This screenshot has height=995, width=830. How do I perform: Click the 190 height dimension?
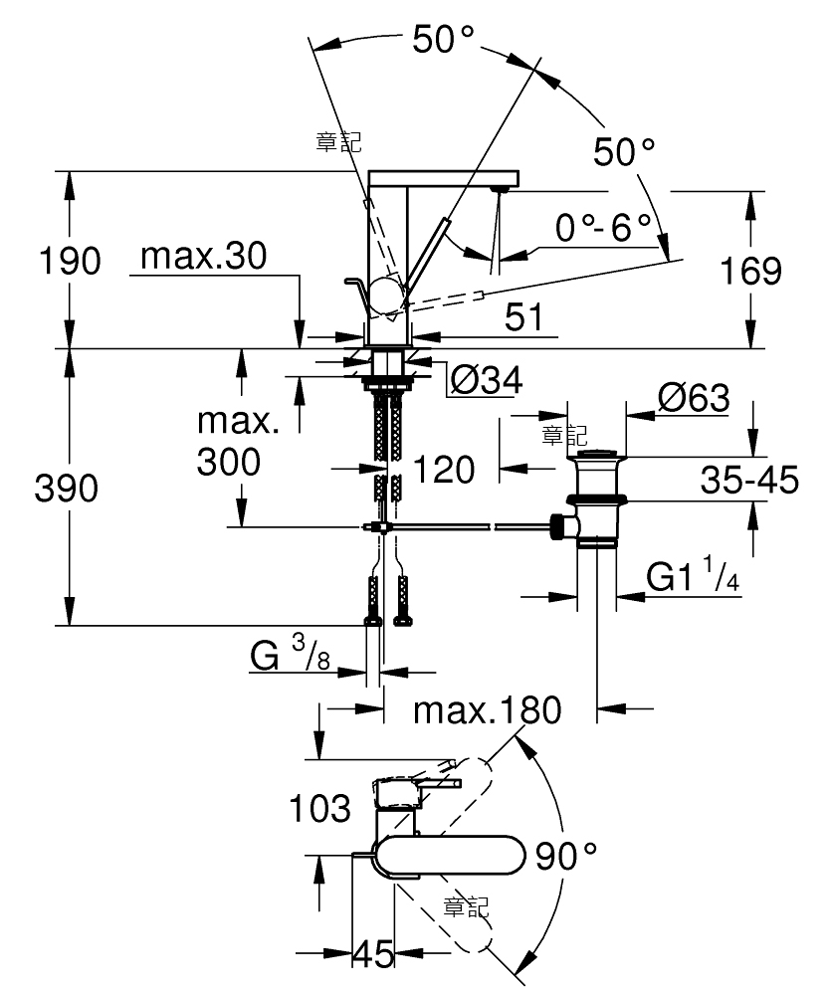[x=70, y=261]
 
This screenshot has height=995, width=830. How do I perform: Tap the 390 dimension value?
[x=66, y=488]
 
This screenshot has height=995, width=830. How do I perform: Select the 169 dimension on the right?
[x=750, y=271]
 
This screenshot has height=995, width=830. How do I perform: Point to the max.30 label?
[x=204, y=256]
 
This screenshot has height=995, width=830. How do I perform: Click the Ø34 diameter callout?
[x=486, y=380]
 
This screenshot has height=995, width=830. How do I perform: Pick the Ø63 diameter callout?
[x=694, y=398]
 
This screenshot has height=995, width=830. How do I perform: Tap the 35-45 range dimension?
[x=749, y=480]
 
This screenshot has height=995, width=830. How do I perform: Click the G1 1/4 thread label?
[x=693, y=574]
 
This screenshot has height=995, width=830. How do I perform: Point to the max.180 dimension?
[x=488, y=710]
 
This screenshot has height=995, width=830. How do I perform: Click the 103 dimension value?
[x=319, y=808]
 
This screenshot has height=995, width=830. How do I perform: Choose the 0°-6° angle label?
[x=603, y=227]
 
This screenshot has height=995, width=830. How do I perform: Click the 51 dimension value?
[x=523, y=316]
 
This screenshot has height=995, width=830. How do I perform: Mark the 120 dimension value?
[x=444, y=470]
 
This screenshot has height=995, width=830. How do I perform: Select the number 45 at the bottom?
[x=374, y=953]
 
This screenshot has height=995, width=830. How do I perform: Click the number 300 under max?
[x=229, y=462]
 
